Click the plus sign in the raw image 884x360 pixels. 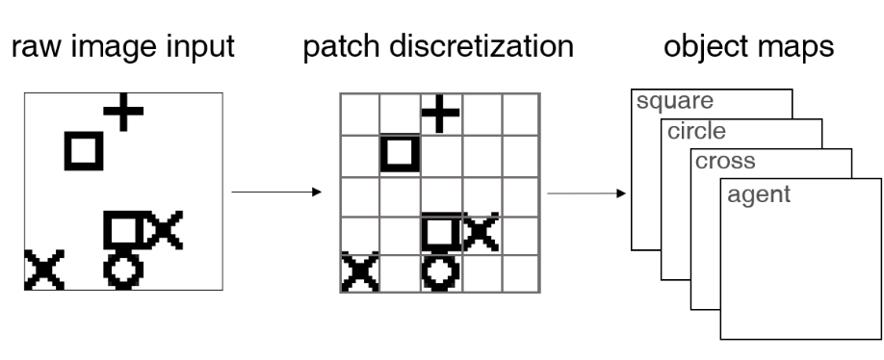(x=122, y=113)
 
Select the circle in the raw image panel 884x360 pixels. (x=123, y=270)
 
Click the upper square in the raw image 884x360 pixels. (x=83, y=150)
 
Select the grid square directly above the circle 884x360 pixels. (x=440, y=232)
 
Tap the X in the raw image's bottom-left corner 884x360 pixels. (x=43, y=270)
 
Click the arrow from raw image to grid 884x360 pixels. (x=275, y=193)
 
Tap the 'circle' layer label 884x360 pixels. (x=692, y=132)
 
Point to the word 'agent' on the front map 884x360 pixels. (x=759, y=194)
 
